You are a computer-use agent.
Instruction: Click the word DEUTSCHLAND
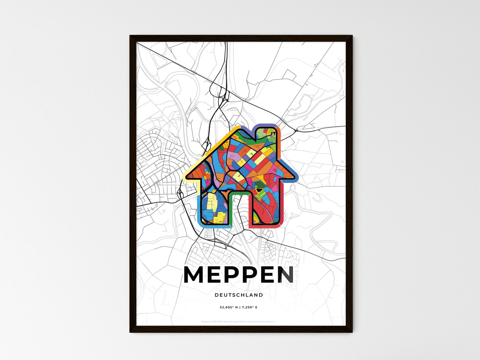[x=239, y=295]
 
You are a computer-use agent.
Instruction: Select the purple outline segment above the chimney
[x=266, y=125]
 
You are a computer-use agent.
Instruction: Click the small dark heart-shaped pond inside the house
[x=258, y=190]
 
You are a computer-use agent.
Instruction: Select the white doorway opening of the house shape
[x=239, y=213]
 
